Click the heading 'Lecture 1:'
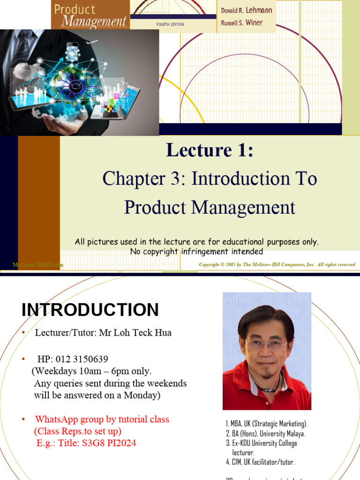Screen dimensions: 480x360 210,150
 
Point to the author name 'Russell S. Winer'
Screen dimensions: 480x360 242,22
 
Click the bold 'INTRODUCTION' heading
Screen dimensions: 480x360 90,310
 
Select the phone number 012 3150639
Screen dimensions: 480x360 82,359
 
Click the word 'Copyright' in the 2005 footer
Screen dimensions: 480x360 210,265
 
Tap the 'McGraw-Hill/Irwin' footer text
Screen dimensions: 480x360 37,265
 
